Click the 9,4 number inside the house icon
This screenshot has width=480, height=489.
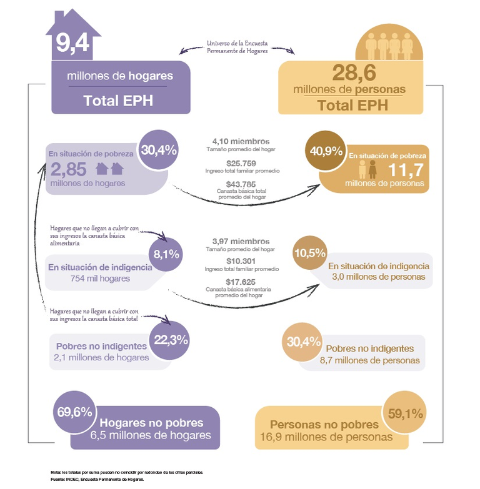72,42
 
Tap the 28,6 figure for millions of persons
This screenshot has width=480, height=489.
354,72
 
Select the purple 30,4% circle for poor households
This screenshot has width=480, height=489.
159,150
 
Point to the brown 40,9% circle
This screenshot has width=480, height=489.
326,151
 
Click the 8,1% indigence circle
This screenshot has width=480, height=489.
166,254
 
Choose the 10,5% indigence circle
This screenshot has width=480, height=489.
310,252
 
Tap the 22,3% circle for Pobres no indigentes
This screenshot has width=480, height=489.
171,340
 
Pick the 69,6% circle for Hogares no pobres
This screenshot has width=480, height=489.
74,412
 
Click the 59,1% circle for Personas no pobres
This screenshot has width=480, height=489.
405,413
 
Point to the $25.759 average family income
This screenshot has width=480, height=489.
241,164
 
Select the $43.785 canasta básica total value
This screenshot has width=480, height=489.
241,184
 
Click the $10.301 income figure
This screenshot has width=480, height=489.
241,261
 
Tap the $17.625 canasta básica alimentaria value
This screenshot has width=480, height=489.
241,282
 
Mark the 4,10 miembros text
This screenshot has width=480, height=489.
241,141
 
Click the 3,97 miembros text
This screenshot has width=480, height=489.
241,242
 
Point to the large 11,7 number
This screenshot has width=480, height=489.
406,170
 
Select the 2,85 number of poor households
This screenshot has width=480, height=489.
68,169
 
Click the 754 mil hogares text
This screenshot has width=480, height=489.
100,278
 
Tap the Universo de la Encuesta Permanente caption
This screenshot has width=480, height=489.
237,47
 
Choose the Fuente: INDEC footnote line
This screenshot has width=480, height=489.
97,479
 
